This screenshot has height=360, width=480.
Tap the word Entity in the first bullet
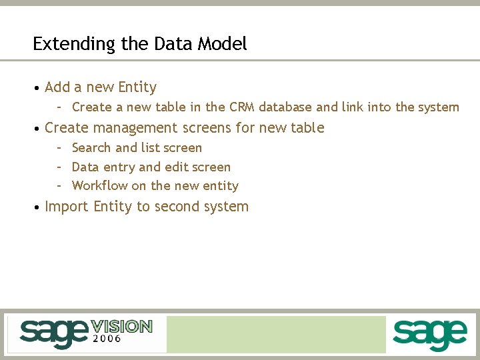tap(137, 87)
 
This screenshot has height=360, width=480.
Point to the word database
tap(285, 107)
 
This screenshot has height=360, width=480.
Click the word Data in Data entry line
tap(85, 167)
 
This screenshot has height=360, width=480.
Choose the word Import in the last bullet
tap(67, 207)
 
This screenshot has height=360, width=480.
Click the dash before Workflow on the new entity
tap(59, 186)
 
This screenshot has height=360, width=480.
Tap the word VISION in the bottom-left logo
tap(122, 326)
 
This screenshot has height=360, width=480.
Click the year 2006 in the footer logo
tap(107, 339)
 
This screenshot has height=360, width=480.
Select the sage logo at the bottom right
tap(429, 334)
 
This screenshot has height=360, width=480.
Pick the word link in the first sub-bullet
tap(353, 107)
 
